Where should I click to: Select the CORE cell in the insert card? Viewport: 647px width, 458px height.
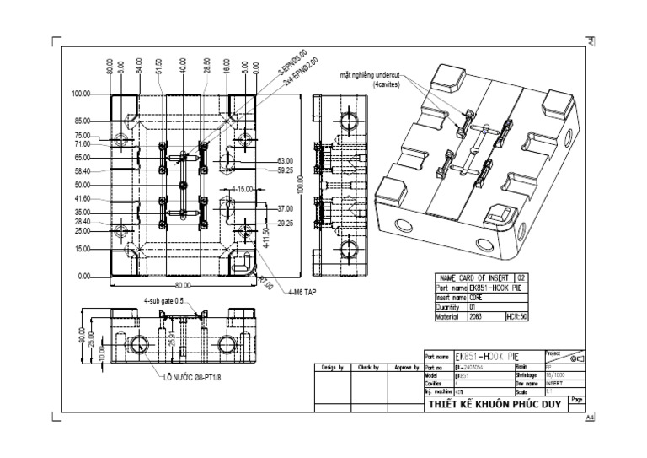point(477,297)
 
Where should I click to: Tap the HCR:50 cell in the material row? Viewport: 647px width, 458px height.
point(515,315)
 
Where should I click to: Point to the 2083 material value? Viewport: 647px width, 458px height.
point(477,315)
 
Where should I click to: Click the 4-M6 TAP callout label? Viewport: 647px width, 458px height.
point(302,292)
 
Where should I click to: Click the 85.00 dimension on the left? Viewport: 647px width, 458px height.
point(82,121)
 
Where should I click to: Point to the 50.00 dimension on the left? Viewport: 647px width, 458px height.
point(82,185)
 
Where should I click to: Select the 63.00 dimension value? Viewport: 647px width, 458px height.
point(286,160)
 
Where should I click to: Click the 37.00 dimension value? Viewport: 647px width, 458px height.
point(286,207)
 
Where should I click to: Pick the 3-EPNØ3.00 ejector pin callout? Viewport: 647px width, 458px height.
point(292,67)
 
